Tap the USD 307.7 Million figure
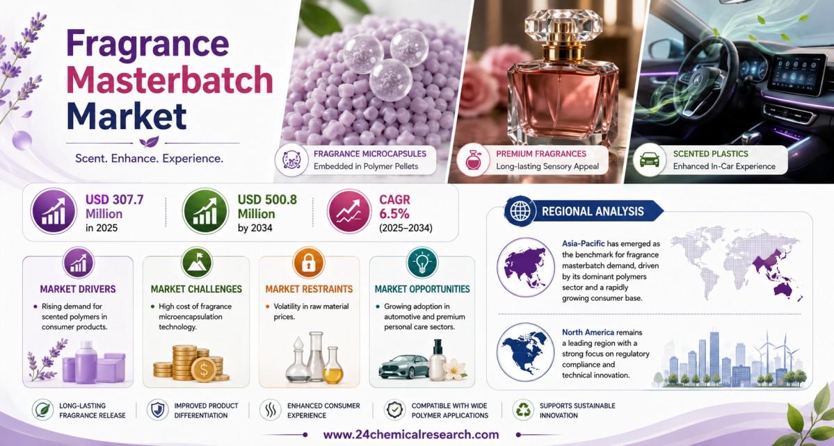[x=114, y=207]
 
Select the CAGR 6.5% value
[x=394, y=207]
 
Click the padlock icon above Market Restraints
[x=309, y=263]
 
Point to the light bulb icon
[x=422, y=263]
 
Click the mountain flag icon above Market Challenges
[x=196, y=263]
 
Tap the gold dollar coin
[x=203, y=368]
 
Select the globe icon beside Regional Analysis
[x=520, y=210]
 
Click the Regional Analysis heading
[x=593, y=211]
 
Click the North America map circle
[x=525, y=352]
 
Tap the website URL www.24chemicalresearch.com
[x=411, y=433]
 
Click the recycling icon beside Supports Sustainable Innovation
[x=523, y=410]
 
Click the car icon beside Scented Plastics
[x=649, y=159]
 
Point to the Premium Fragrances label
[x=541, y=154]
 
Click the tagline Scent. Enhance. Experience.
[x=150, y=158]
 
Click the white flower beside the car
[x=456, y=369]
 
